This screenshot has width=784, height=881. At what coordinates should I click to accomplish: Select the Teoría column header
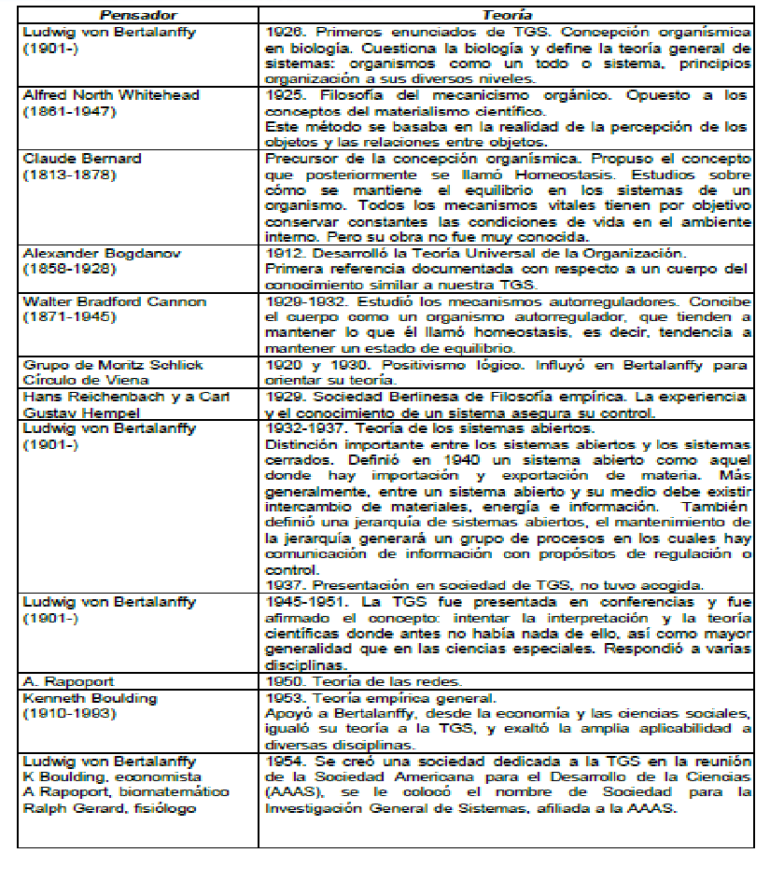point(508,15)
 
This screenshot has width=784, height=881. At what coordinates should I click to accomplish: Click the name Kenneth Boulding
point(90,698)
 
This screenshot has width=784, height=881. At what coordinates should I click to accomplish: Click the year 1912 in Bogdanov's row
point(284,253)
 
